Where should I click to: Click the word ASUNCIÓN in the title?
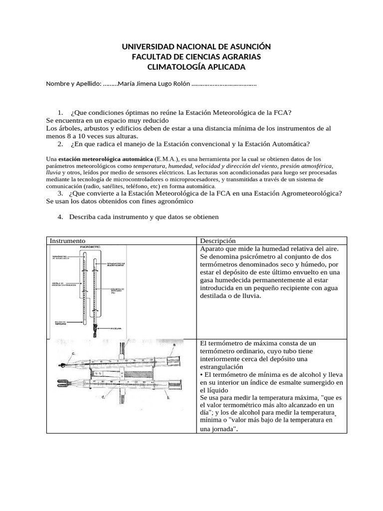tap(244, 47)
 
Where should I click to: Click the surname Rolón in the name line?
tap(179, 84)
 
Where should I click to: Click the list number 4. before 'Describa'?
tap(60, 217)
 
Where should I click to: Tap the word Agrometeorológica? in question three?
tap(299, 193)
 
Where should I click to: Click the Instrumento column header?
tap(67, 241)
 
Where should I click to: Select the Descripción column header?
tap(217, 241)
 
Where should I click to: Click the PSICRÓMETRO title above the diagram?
tap(91, 247)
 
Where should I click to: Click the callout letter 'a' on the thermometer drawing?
tap(174, 344)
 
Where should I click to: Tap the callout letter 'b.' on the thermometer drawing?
tap(168, 398)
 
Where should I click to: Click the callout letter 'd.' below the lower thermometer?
tap(103, 397)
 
